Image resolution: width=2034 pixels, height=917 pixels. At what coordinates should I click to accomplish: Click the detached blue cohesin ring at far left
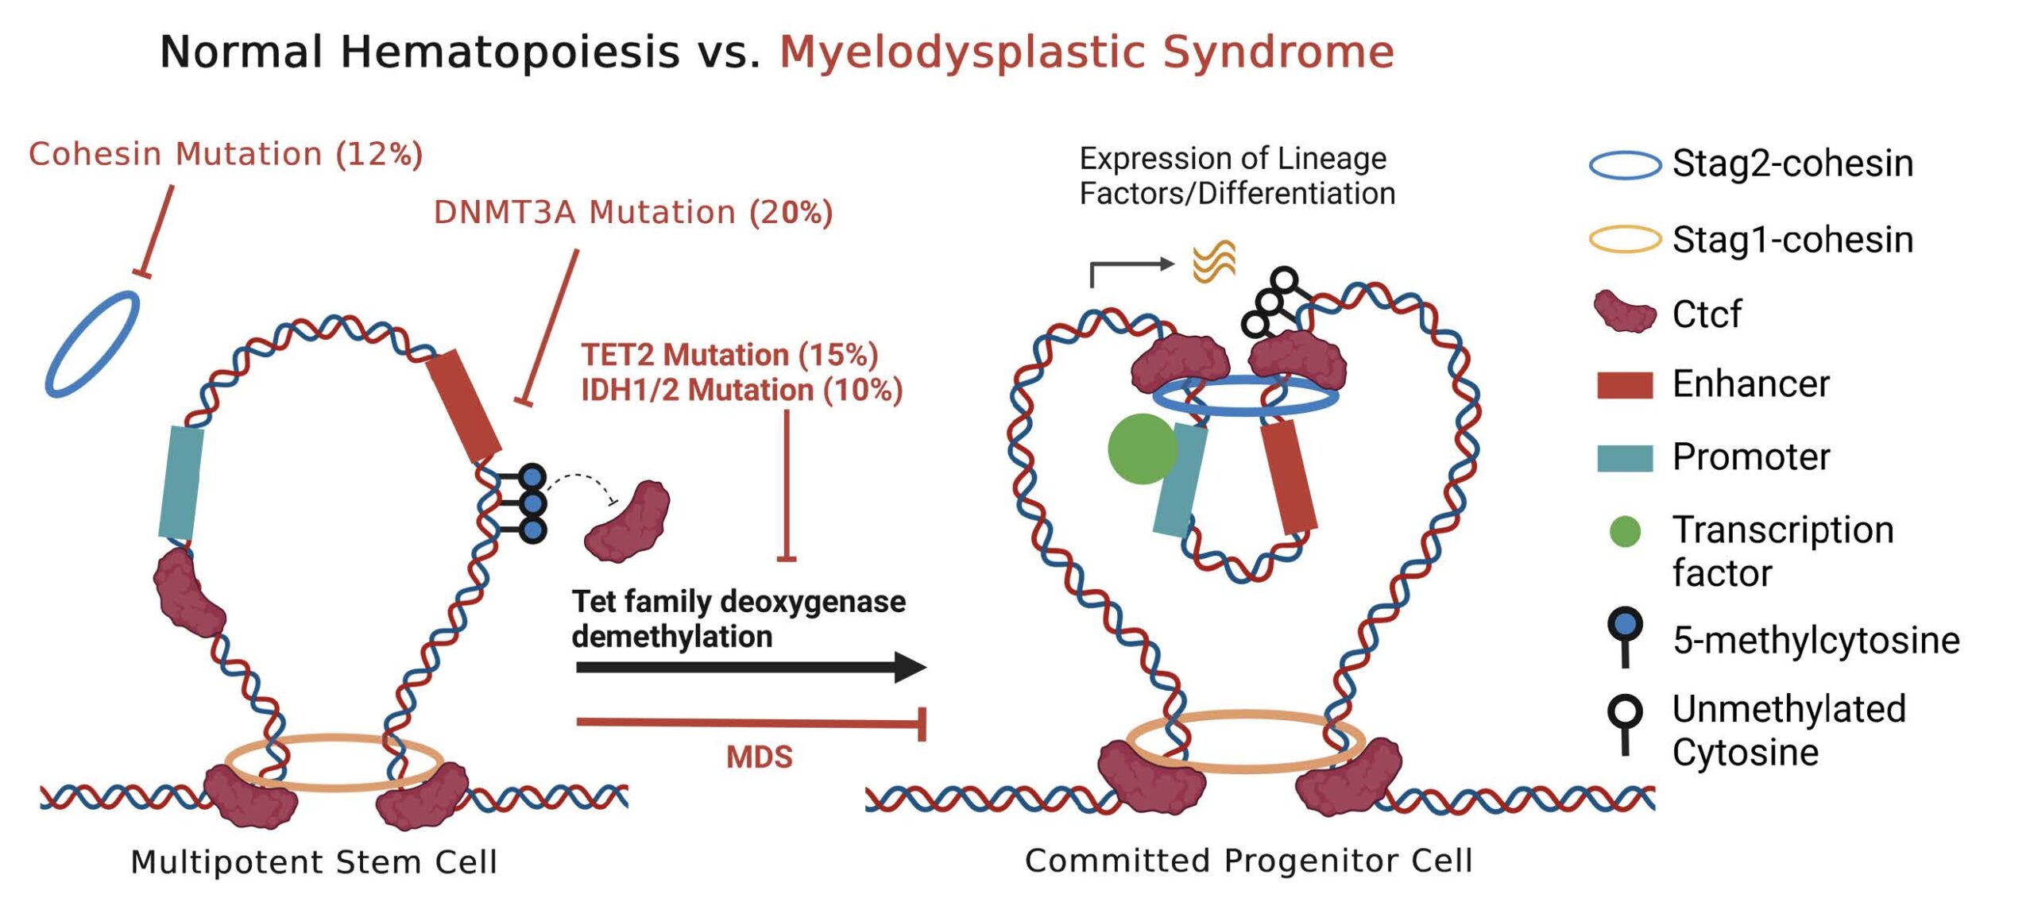[x=91, y=343]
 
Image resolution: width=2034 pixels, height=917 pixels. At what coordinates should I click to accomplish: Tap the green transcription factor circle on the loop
[x=1142, y=449]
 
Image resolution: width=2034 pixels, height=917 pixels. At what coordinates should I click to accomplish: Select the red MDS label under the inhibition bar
[x=759, y=757]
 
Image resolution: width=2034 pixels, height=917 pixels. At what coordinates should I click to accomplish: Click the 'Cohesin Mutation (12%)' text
[x=226, y=154]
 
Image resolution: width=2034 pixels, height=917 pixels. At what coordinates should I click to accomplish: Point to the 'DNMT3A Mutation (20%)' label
[x=632, y=213]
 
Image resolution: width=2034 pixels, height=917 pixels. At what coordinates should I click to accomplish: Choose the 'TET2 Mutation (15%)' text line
[x=729, y=355]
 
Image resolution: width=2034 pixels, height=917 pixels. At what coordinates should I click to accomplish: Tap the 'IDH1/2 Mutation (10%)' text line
[x=741, y=391]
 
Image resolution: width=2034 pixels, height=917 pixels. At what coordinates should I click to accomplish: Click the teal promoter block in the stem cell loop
[x=181, y=483]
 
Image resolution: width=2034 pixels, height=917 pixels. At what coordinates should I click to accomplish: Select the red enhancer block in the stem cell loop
[x=463, y=406]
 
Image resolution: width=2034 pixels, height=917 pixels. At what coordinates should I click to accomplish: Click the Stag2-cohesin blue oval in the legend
[x=1625, y=165]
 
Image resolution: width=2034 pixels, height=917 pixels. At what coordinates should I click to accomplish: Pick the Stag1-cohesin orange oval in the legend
[x=1625, y=239]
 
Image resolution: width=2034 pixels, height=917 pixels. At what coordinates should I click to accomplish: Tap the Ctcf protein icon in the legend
[x=1625, y=312]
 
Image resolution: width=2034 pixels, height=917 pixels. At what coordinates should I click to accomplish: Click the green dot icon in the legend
[x=1625, y=531]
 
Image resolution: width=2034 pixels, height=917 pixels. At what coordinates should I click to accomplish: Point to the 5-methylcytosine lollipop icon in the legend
[x=1625, y=635]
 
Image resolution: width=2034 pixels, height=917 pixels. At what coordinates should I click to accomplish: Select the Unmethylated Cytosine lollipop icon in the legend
[x=1625, y=722]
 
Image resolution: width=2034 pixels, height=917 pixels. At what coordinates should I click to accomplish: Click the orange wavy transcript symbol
[x=1214, y=262]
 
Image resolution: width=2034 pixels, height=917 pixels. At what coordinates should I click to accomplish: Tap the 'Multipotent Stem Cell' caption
[x=314, y=862]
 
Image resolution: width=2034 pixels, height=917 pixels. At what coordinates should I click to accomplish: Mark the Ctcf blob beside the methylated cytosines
[x=627, y=521]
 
